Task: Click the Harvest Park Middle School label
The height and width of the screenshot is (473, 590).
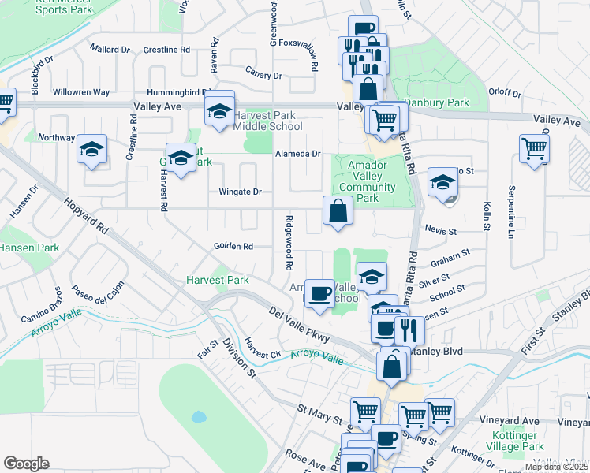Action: (267, 121)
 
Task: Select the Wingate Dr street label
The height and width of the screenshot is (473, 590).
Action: (239, 192)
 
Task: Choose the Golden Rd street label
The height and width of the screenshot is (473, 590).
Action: (233, 247)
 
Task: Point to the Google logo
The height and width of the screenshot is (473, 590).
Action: (26, 464)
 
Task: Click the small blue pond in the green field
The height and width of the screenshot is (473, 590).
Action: (198, 416)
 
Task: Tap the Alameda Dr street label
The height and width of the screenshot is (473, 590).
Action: (297, 155)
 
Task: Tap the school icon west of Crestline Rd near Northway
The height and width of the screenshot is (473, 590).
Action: (91, 148)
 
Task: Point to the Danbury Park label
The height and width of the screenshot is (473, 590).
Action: (436, 102)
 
